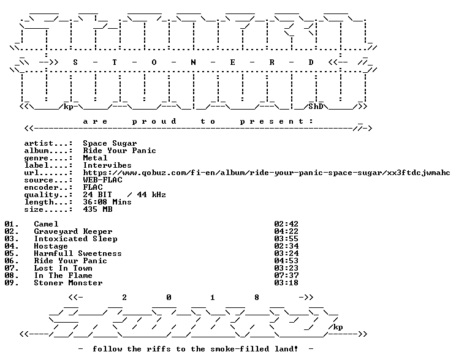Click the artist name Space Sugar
(x=110, y=143)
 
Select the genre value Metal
(x=95, y=158)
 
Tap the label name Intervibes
(x=107, y=165)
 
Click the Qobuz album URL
(x=267, y=173)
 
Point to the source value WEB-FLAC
(x=102, y=180)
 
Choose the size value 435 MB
(x=97, y=209)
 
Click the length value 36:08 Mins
(x=107, y=202)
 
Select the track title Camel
(x=46, y=224)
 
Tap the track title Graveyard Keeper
(x=74, y=231)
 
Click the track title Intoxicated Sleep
(x=76, y=239)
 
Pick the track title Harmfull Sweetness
(x=78, y=253)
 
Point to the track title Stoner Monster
(x=69, y=283)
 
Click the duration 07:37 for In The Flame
(x=286, y=276)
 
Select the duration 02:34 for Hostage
(x=286, y=246)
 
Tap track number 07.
(x=12, y=268)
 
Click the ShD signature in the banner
(x=316, y=107)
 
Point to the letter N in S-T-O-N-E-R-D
(x=193, y=62)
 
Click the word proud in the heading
(x=154, y=121)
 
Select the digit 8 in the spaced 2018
(x=256, y=298)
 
